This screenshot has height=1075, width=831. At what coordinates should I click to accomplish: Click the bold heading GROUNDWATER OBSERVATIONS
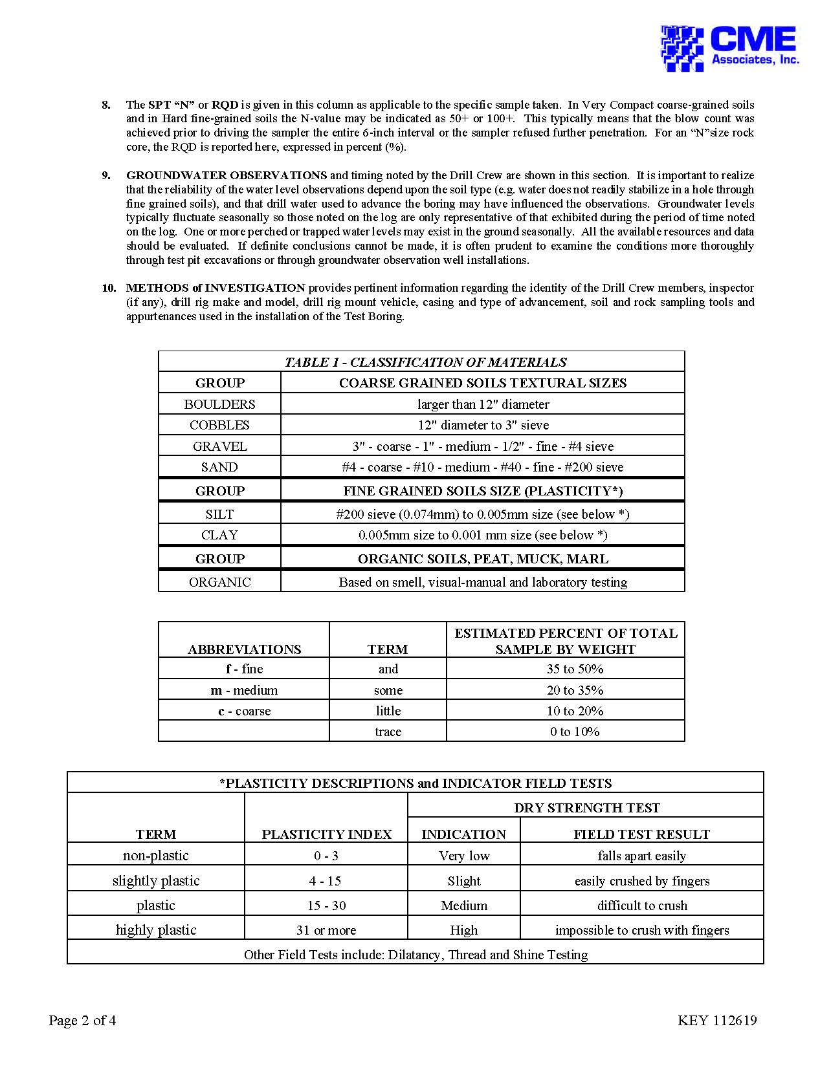pyautogui.click(x=227, y=175)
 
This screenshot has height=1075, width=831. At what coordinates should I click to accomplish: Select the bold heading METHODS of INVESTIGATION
pyautogui.click(x=216, y=288)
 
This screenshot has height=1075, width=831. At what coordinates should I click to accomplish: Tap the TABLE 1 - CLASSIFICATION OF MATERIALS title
pyautogui.click(x=425, y=362)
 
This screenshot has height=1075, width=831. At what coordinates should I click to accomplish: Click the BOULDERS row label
pyautogui.click(x=219, y=404)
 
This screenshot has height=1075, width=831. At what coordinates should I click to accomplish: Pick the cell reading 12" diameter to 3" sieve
pyautogui.click(x=483, y=425)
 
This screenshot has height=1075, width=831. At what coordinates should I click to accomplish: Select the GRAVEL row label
pyautogui.click(x=219, y=446)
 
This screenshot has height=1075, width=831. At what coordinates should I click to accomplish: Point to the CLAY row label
pyautogui.click(x=219, y=535)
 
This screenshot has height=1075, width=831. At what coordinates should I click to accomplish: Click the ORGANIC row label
pyautogui.click(x=219, y=582)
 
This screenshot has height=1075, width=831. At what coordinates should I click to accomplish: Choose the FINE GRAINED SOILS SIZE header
pyautogui.click(x=483, y=491)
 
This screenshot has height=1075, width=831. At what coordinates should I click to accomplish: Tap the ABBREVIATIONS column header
pyautogui.click(x=244, y=649)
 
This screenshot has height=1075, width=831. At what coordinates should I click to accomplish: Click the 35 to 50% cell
pyautogui.click(x=575, y=669)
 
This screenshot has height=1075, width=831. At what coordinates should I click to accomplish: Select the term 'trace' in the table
pyautogui.click(x=388, y=732)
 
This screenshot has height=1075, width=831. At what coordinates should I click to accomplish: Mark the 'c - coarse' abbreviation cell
pyautogui.click(x=244, y=711)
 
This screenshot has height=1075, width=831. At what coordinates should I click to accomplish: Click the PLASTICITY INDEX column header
pyautogui.click(x=326, y=834)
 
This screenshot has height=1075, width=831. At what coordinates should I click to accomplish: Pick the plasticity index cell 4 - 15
pyautogui.click(x=326, y=881)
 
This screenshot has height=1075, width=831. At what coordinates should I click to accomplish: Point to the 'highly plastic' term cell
pyautogui.click(x=155, y=930)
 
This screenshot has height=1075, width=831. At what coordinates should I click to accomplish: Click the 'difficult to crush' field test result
pyautogui.click(x=642, y=906)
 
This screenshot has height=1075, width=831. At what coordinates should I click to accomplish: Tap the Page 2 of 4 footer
pyautogui.click(x=82, y=1021)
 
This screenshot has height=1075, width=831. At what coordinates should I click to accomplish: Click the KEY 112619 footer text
pyautogui.click(x=717, y=1021)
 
